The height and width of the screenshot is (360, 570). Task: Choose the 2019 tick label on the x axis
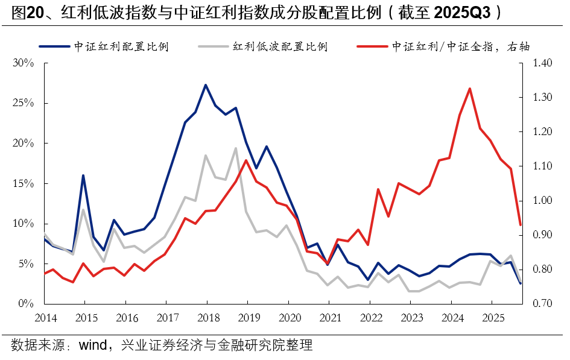coord(249,317)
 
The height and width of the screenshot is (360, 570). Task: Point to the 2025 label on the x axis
coord(493,317)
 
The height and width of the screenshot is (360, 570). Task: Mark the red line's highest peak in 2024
coord(469,89)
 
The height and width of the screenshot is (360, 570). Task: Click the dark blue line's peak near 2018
coord(206,85)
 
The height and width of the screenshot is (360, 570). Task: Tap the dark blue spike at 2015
coord(83,175)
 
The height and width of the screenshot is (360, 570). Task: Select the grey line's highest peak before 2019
coord(236,148)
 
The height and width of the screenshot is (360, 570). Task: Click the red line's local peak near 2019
coord(246,160)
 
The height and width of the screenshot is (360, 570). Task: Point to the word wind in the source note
coord(93,346)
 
